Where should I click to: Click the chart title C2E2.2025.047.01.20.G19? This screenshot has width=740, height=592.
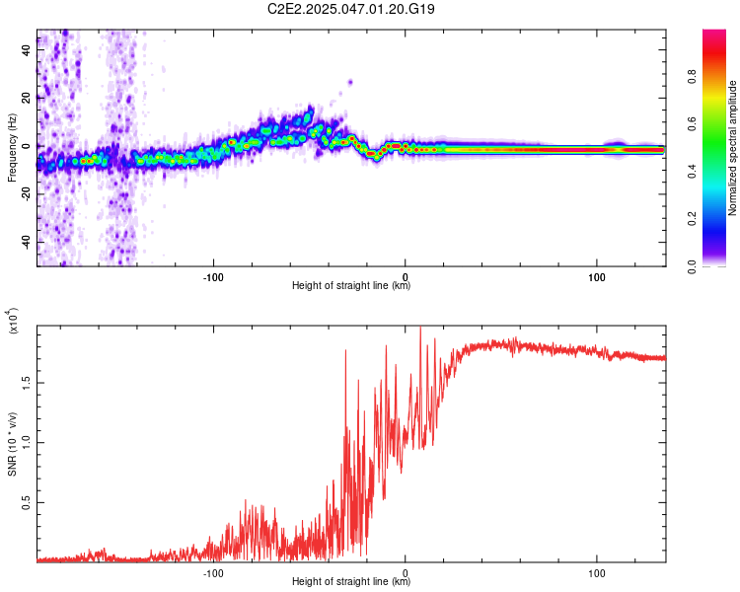pos(351,9)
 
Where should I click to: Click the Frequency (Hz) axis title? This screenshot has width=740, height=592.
pos(12,148)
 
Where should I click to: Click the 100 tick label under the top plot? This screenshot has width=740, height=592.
pos(596,276)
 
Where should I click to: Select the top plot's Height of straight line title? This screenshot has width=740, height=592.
pos(351,286)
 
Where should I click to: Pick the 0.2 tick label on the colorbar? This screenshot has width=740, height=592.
pos(721,220)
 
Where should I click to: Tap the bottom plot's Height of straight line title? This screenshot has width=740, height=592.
pos(351,582)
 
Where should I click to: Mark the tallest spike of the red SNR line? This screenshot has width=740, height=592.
pos(421,329)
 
